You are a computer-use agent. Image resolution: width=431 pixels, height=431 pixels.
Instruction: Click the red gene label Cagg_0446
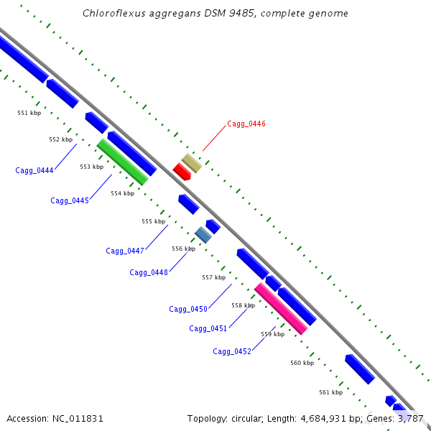click(246, 124)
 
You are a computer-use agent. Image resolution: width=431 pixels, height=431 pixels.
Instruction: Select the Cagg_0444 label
click(34, 170)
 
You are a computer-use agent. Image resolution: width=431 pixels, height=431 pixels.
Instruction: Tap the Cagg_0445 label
click(70, 200)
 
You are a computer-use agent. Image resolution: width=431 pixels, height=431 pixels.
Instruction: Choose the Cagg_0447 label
click(125, 251)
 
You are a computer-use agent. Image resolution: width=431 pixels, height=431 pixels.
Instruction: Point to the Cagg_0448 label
click(149, 272)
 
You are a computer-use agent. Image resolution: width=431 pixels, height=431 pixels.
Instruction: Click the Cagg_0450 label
click(188, 309)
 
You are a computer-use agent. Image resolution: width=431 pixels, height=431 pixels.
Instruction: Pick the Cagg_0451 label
click(208, 328)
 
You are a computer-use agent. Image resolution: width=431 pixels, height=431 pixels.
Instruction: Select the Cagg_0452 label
click(232, 351)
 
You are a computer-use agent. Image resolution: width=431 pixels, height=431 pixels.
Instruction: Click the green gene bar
click(122, 162)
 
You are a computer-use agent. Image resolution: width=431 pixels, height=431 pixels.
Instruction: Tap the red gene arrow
click(181, 172)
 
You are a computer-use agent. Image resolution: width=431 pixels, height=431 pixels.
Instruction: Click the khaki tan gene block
click(191, 163)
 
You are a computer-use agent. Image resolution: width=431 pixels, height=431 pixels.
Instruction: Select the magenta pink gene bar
click(281, 309)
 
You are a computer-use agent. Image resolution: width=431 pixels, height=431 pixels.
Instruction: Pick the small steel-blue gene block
click(203, 234)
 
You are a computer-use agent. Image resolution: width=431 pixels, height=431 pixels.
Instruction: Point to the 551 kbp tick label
click(29, 113)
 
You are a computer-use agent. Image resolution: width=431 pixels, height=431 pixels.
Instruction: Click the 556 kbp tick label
click(183, 249)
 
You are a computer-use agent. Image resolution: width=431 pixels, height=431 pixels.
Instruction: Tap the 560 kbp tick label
click(302, 363)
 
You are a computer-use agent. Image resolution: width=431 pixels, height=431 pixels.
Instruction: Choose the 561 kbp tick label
click(330, 392)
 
